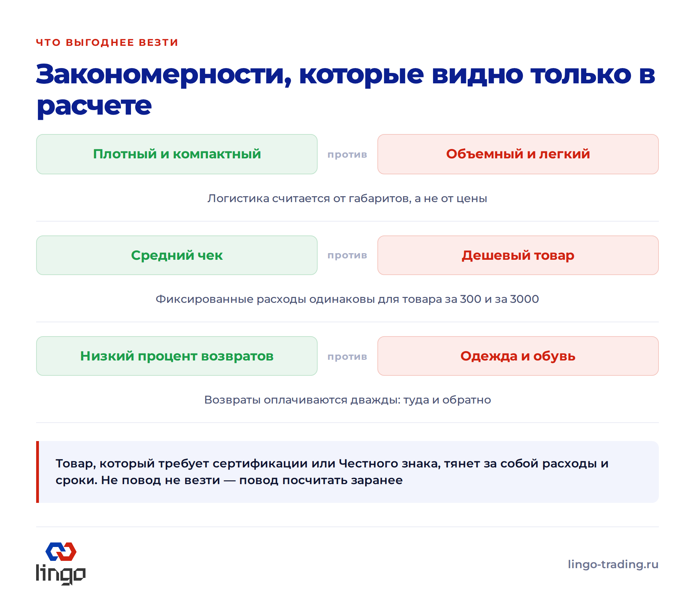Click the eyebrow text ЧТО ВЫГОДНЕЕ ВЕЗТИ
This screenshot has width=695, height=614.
[107, 42]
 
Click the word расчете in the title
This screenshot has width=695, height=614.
[94, 106]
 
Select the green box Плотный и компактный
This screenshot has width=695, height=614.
[177, 154]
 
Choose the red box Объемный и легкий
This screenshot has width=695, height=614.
[518, 154]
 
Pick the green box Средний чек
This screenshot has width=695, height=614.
[177, 255]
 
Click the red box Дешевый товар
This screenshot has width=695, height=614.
[518, 255]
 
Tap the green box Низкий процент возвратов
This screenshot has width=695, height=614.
[177, 356]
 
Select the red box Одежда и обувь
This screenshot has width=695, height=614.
[518, 356]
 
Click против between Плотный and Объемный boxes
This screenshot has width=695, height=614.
[347, 155]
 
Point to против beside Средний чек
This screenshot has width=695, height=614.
[347, 256]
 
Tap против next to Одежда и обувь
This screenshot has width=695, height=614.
[347, 357]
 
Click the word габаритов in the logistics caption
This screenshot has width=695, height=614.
[380, 199]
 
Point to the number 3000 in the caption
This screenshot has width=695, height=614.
[524, 299]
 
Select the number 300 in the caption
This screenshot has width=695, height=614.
[471, 299]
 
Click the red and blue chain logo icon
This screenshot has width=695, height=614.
[61, 551]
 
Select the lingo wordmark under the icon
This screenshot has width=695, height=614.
[61, 574]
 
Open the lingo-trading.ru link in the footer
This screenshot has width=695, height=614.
[613, 564]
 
